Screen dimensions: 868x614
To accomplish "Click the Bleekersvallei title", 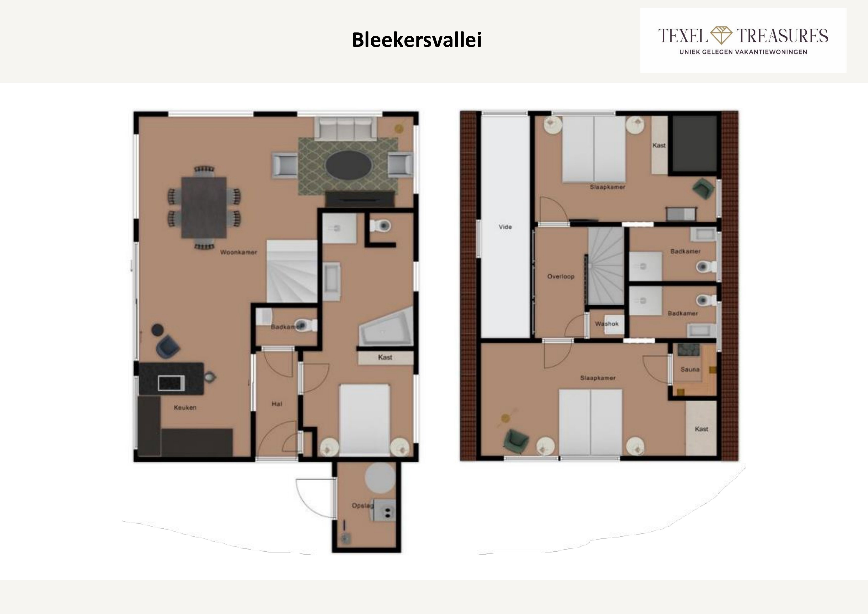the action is click(x=417, y=40).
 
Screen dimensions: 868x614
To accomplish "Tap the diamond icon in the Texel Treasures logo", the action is click(x=721, y=35).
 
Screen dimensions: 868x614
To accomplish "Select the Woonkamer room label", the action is click(x=239, y=252).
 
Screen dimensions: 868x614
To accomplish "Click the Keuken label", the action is click(x=185, y=408).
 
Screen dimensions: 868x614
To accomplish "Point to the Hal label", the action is click(x=277, y=404).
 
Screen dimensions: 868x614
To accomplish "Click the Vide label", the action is click(x=505, y=227).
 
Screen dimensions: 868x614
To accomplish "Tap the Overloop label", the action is click(x=561, y=276).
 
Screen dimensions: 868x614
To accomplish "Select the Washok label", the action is click(x=607, y=324).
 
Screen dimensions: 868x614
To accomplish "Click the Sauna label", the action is click(x=690, y=369).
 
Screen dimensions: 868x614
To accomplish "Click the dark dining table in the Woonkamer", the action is click(x=204, y=208).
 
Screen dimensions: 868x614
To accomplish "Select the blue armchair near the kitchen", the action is click(x=169, y=345).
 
